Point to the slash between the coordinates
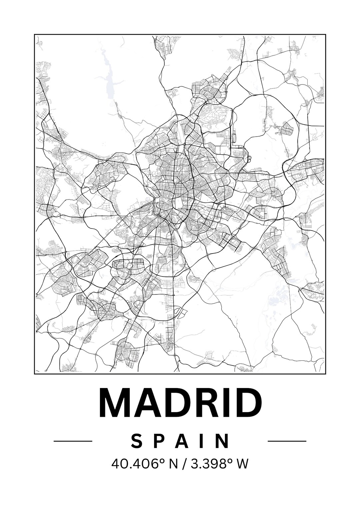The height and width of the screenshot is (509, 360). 182,464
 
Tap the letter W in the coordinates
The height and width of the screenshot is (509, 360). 242,464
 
